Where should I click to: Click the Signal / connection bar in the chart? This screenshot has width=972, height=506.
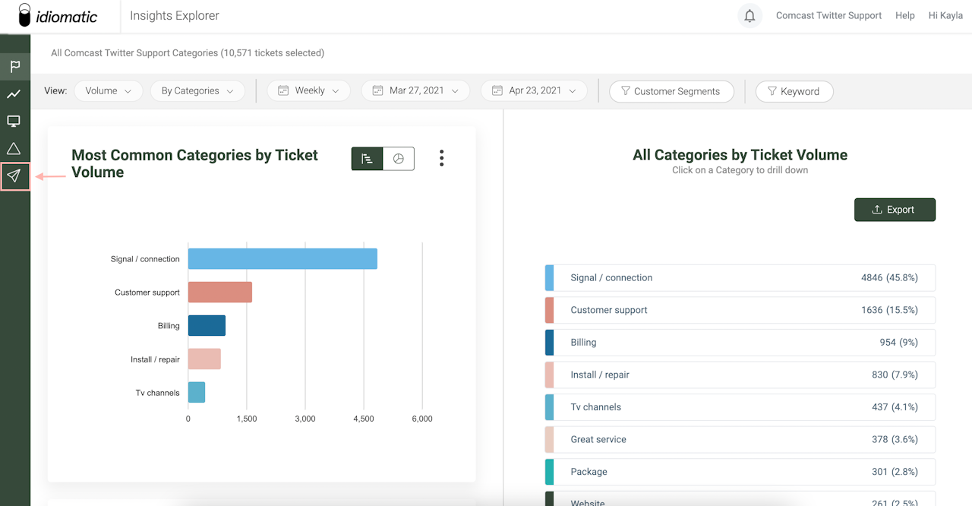click(x=282, y=259)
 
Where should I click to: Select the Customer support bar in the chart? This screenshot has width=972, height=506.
click(x=219, y=293)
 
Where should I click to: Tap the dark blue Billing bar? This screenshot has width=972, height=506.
click(x=207, y=326)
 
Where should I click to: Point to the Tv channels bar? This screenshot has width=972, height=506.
click(x=197, y=393)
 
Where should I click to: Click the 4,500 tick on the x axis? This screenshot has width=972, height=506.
click(x=364, y=419)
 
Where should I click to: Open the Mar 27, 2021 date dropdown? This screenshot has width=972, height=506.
click(x=415, y=90)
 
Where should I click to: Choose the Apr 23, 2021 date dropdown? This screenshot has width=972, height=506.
click(x=534, y=90)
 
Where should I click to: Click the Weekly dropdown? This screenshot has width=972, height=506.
click(x=308, y=90)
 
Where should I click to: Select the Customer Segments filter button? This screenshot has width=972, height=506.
click(x=671, y=91)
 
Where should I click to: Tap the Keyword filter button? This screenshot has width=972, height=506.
click(x=794, y=91)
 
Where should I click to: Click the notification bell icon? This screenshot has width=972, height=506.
click(x=750, y=16)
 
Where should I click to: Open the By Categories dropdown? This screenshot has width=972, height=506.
click(x=197, y=90)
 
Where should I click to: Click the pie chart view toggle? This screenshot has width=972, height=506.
click(x=399, y=159)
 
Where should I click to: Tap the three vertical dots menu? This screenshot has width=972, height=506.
click(x=441, y=158)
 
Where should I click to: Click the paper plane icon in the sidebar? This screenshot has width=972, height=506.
click(x=14, y=176)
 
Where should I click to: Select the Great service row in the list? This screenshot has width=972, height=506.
click(x=740, y=439)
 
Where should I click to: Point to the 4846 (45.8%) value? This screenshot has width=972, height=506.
click(x=888, y=277)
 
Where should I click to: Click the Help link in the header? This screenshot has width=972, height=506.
click(x=904, y=15)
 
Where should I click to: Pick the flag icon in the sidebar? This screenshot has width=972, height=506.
click(x=14, y=67)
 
